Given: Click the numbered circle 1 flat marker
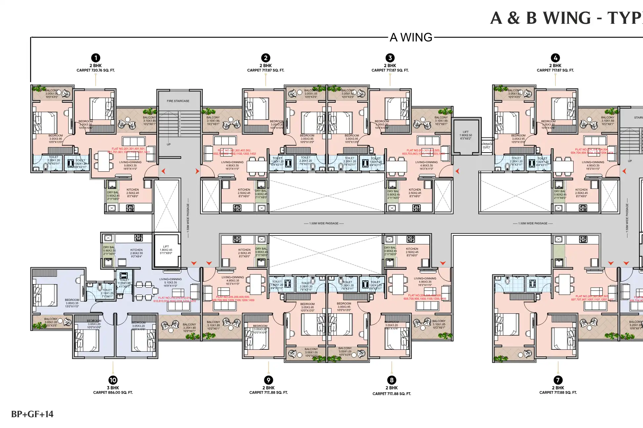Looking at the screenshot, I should (x=96, y=58).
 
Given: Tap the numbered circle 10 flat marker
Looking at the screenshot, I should (x=113, y=380).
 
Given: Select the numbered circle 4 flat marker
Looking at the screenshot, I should (x=555, y=58).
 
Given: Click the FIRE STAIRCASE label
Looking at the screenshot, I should (x=178, y=101).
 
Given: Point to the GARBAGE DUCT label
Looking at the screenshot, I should (x=487, y=146).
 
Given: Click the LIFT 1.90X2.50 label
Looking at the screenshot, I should (x=466, y=135).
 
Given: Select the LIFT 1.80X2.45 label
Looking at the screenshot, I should (x=166, y=250).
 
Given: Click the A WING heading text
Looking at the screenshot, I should (x=411, y=38).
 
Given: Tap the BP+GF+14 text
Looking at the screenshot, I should (x=32, y=414).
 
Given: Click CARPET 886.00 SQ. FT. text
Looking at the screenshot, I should (x=113, y=393).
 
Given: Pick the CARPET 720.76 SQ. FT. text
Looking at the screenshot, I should (x=96, y=70).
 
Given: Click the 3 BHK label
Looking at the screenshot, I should (x=113, y=388).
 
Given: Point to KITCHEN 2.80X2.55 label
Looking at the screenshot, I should (x=136, y=253).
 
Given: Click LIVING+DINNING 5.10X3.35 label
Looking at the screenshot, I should (x=170, y=282).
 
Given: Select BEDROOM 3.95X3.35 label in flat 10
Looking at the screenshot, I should (x=72, y=303).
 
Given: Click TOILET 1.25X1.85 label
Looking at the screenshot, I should (x=124, y=283).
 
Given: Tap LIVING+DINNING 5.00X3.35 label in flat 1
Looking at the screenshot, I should (x=130, y=165).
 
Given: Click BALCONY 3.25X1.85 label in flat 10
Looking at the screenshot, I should (x=189, y=328).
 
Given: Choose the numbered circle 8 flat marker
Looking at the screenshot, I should (x=392, y=380).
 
